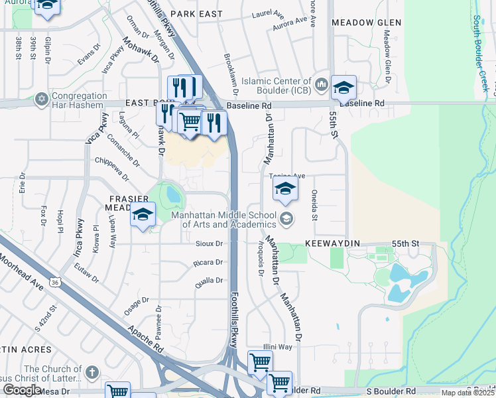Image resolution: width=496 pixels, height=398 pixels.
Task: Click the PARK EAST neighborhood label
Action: [195, 13]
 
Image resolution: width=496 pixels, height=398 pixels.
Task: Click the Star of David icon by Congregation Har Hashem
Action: [41, 98]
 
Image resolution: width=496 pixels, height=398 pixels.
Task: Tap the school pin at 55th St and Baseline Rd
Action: [344, 88]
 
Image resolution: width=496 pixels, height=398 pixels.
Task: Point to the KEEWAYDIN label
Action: [332, 243]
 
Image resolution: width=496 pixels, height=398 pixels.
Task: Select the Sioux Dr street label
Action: [209, 243]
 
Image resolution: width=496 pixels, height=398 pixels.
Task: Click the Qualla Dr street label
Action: [208, 281]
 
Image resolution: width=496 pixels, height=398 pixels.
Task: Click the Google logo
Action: [22, 390]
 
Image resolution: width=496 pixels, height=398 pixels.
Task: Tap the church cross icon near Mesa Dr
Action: [92, 372]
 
